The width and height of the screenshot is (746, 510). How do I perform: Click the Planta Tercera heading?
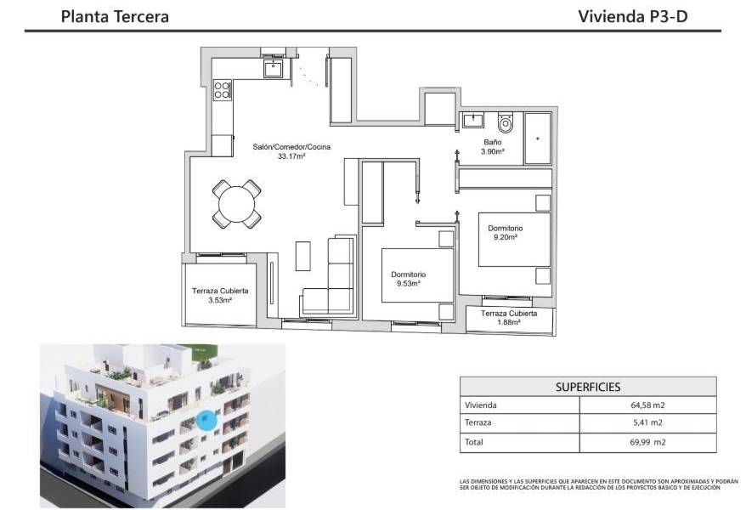coord(115,16)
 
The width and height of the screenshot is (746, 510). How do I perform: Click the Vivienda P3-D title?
coord(632,16)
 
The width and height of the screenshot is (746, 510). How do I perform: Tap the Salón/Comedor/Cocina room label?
coord(291,151)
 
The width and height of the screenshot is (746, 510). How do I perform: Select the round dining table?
coord(236,204)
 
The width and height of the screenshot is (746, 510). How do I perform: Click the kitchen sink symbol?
coord(273,67)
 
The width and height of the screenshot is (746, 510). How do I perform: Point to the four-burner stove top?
coord(223,89)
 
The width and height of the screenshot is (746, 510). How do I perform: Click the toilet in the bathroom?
coord(507,124)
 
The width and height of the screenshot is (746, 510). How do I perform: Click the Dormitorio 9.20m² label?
coord(505,233)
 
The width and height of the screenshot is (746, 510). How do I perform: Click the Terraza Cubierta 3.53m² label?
coord(219,295)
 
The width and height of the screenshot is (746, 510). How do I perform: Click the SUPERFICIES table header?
coord(587,386)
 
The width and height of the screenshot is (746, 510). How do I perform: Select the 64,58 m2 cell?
coord(647,405)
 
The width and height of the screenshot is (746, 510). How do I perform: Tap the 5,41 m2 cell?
coord(647,422)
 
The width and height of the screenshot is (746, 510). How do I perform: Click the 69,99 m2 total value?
coord(647,442)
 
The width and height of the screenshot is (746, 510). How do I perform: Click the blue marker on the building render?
coord(206,419)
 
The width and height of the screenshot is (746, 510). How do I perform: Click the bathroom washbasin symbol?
coord(472,119)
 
